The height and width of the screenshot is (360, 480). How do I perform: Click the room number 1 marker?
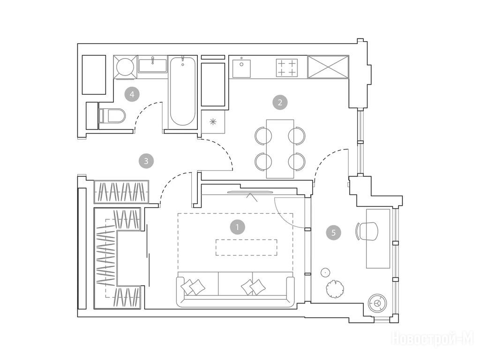(x=238, y=227)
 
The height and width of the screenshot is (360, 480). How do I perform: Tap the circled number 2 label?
(x=280, y=102)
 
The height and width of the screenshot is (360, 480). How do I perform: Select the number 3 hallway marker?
(x=146, y=161)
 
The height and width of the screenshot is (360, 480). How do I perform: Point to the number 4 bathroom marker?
(x=132, y=94)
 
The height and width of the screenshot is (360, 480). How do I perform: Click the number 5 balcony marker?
(x=334, y=232)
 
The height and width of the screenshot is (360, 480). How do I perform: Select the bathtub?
(x=182, y=91)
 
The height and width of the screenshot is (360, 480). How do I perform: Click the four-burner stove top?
(x=287, y=67)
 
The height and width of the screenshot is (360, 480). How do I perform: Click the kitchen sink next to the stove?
(x=241, y=68)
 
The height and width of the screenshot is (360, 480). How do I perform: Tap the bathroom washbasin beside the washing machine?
(x=152, y=65)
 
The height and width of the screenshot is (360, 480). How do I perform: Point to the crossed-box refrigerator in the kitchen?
(x=328, y=67)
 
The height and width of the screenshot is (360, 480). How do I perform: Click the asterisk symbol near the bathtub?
(x=213, y=122)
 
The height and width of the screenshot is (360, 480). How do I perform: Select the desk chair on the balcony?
(x=367, y=231)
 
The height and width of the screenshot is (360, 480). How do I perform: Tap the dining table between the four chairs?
(x=280, y=149)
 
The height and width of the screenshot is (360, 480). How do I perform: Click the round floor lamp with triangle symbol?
(x=376, y=303)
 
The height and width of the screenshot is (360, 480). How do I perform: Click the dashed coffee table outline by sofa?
(x=247, y=247)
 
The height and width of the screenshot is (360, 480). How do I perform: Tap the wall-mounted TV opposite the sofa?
(x=250, y=192)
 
